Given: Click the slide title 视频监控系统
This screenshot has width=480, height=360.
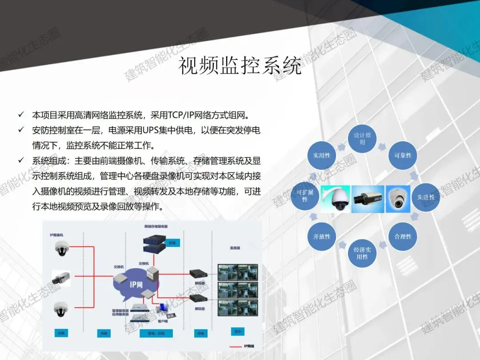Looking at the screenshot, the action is click(x=240, y=66).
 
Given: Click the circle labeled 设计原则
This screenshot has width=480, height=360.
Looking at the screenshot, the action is click(x=362, y=139).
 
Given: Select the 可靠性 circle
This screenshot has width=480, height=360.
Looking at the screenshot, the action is click(x=403, y=156).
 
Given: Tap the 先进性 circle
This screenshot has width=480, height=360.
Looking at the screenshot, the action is click(x=425, y=197).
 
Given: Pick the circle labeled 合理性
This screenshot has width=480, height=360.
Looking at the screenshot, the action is click(x=403, y=236).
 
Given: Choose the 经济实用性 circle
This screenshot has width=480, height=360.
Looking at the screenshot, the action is click(x=362, y=253).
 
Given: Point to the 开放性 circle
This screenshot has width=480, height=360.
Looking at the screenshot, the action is click(x=322, y=236).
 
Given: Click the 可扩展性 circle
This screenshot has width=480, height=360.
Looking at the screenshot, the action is click(x=305, y=196).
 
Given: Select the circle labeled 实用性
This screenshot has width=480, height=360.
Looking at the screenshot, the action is click(x=322, y=156).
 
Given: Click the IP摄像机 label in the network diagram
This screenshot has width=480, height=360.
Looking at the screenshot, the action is click(x=57, y=234).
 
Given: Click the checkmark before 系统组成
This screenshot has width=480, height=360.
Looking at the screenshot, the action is click(x=21, y=160).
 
